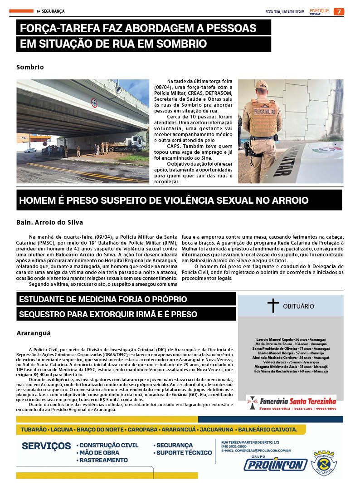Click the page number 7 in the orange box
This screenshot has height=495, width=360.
pos(339,11)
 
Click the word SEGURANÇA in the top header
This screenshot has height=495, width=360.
pos(53,11)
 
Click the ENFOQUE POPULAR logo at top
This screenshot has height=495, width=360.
pos(319,11)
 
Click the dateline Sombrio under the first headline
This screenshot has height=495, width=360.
pos(30,67)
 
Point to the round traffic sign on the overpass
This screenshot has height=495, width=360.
pos(94,103)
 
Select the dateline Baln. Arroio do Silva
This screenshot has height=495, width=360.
pos(50,223)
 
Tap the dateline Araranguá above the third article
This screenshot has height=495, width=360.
pos(34,333)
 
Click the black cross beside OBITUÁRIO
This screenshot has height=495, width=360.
pos(272,306)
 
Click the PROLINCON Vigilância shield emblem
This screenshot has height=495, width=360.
pos(325,464)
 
